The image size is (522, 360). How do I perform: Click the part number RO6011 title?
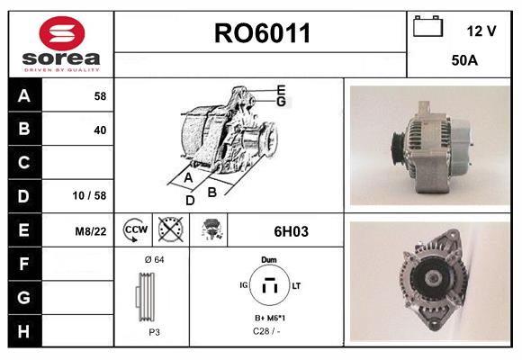coord(262,34)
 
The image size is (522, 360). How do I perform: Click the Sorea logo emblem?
coord(60,35)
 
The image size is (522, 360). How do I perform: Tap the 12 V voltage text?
coord(481,31)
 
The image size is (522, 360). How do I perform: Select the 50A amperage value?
coord(463,61)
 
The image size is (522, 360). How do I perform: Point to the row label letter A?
coord(24,95)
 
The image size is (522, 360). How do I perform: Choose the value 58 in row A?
coord(99,95)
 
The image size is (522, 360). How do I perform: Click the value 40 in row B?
coord(99,130)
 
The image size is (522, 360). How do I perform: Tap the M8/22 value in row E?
coord(91,231)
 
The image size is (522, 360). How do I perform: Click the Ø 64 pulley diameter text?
coord(153,259)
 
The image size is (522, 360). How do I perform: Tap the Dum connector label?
coord(268,259)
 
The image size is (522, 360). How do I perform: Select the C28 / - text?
coord(268,332)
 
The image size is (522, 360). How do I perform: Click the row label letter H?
coord(24,330)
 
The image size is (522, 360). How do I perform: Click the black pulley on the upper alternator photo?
coord(394,144)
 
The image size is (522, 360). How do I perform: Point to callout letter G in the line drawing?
coord(281,102)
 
